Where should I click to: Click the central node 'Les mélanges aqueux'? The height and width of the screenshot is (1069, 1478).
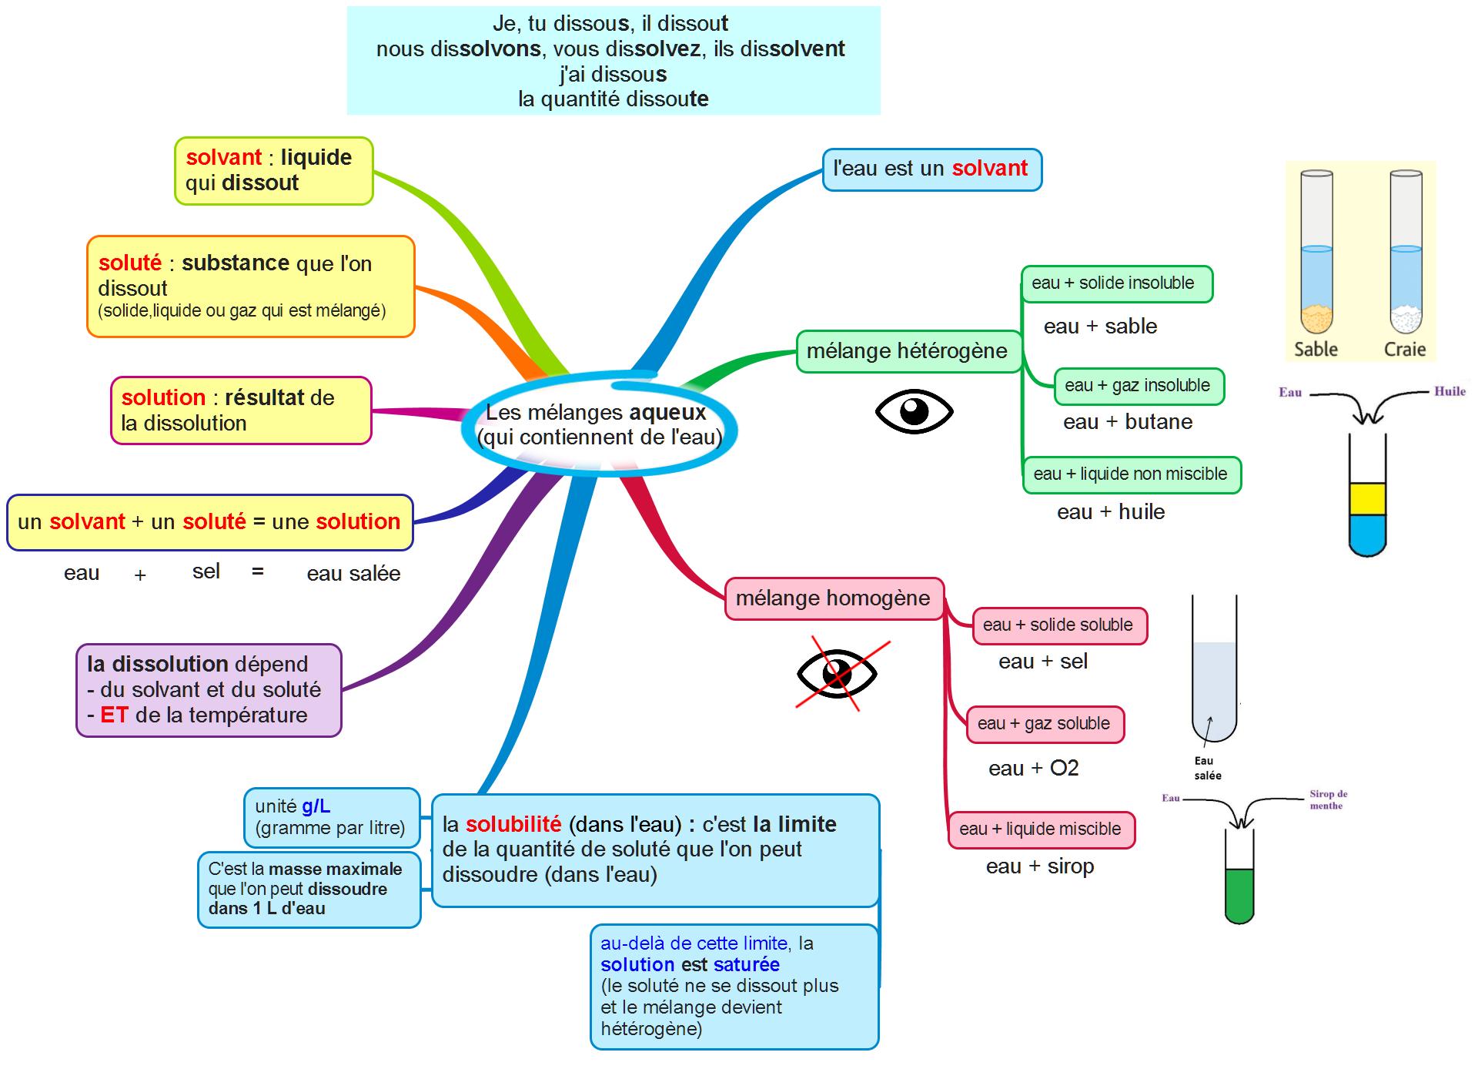(x=599, y=424)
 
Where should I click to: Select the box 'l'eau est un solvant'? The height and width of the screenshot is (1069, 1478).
(x=931, y=169)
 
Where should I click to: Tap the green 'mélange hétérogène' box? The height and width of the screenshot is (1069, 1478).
(x=908, y=351)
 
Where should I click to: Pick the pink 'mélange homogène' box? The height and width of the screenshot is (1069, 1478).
(x=834, y=598)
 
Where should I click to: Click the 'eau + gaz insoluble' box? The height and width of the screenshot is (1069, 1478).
(x=1138, y=386)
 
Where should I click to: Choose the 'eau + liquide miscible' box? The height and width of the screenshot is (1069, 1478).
(x=1041, y=829)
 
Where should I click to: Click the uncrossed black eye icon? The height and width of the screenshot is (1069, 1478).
(x=914, y=411)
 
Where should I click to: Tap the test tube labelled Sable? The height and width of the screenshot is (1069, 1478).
(x=1316, y=253)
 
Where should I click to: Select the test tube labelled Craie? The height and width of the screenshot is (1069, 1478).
(x=1406, y=253)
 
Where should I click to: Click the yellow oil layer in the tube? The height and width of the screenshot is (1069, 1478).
(x=1367, y=498)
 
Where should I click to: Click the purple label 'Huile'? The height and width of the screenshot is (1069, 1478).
(x=1450, y=391)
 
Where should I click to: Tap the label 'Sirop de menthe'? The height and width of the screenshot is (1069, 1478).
(x=1328, y=799)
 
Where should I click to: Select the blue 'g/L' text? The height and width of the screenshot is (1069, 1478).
(x=316, y=806)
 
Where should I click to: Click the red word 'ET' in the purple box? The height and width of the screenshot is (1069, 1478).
(x=113, y=715)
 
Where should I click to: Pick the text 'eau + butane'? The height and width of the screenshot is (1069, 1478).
(x=1127, y=422)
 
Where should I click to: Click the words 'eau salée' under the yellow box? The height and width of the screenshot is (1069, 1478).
(x=353, y=574)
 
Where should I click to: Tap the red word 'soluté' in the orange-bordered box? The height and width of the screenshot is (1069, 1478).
(x=129, y=263)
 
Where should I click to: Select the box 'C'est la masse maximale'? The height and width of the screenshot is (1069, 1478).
(x=309, y=889)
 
